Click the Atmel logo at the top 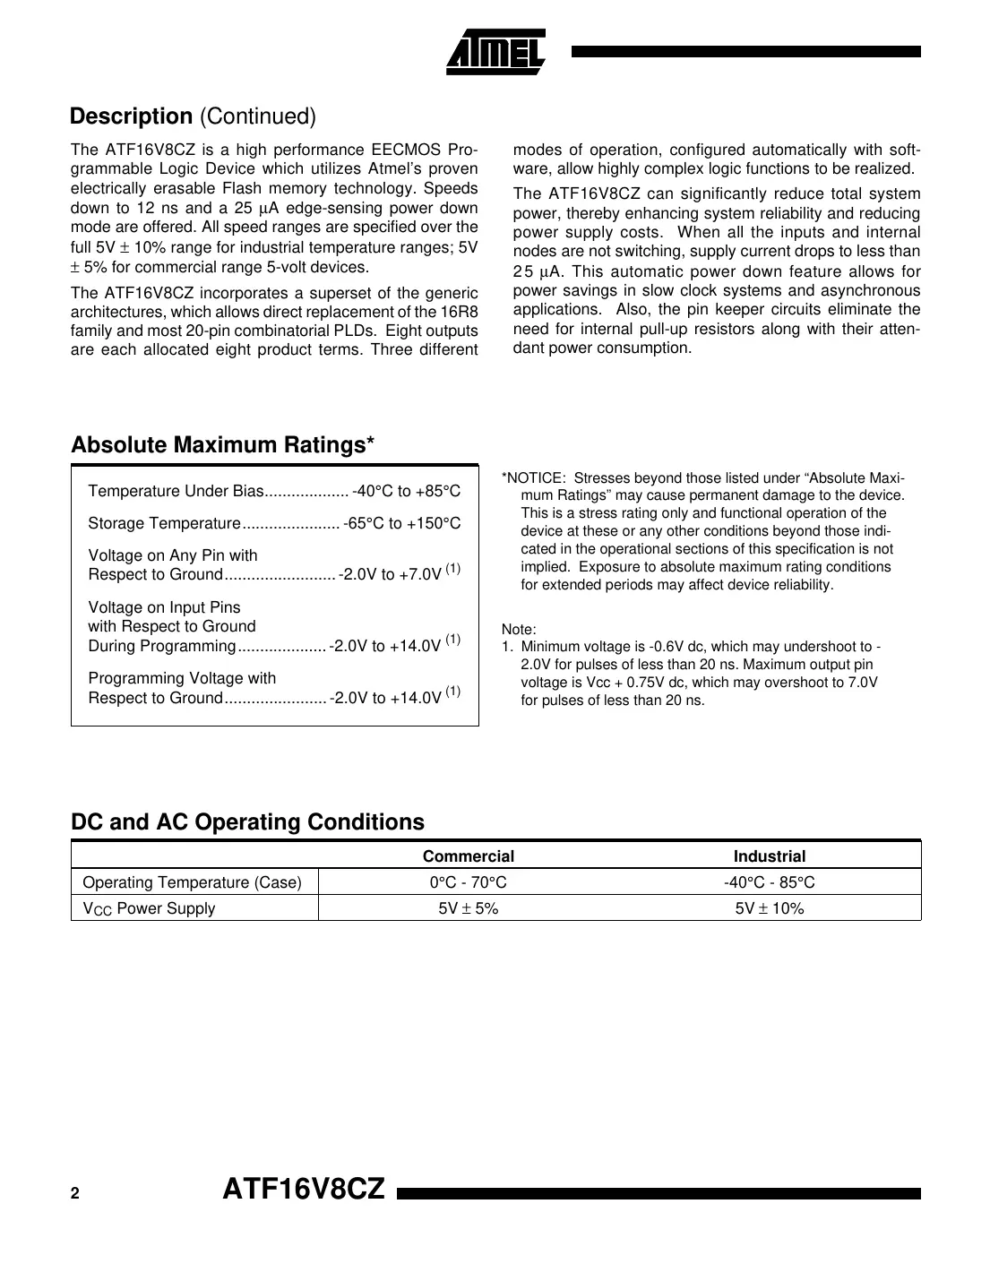click(x=495, y=53)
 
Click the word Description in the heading click(x=131, y=116)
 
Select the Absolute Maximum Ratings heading click(x=222, y=445)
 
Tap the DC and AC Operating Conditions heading click(x=247, y=821)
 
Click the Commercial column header click(x=468, y=856)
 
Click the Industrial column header click(x=769, y=856)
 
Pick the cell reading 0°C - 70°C click(x=468, y=882)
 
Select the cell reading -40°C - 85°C click(x=769, y=882)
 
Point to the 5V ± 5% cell click(x=468, y=908)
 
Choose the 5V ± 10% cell click(x=769, y=908)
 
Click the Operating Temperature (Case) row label click(x=192, y=882)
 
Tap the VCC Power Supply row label click(x=149, y=908)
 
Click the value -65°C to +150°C click(x=401, y=523)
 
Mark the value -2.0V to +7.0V click(x=391, y=574)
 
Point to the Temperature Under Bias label click(x=176, y=491)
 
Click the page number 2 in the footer click(x=75, y=1194)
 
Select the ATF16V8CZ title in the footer click(x=303, y=1190)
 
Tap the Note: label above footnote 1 click(x=519, y=630)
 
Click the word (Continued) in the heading click(x=257, y=116)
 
